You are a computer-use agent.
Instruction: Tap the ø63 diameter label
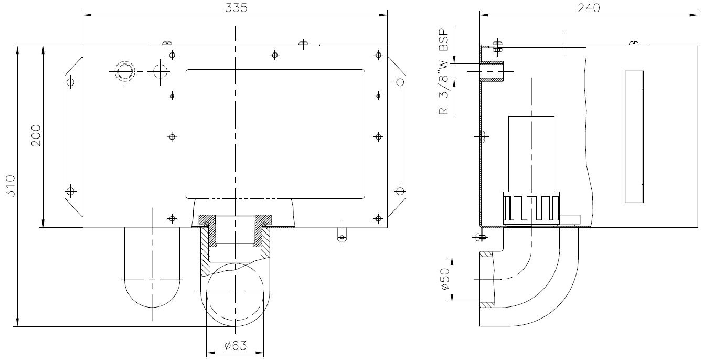point(235,345)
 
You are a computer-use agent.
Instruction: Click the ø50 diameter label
point(444,280)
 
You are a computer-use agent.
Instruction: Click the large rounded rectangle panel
point(275,134)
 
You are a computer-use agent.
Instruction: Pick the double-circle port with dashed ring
point(125,70)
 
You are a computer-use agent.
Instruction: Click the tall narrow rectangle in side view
point(634,136)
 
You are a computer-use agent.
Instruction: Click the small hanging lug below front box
point(342,235)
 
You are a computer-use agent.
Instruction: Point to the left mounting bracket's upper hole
point(71,82)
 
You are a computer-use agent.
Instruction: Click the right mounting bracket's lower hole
point(399,190)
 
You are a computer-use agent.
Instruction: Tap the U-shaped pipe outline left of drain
point(152,268)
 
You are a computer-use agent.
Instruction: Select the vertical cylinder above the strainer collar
point(531,152)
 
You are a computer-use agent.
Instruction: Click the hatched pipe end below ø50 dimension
point(486,304)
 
